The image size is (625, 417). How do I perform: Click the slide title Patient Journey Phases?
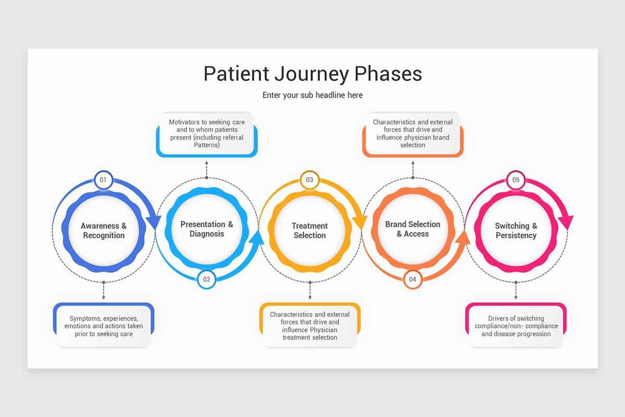312,73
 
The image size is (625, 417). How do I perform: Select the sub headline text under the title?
312,95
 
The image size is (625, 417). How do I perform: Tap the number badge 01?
103,180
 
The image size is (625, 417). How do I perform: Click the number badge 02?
207,279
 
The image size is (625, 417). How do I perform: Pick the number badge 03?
309,180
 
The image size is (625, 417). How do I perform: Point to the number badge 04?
413,279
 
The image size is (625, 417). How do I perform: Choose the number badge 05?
516,180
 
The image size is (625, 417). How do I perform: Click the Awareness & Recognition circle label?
104,231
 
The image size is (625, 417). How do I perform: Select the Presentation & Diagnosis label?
207,229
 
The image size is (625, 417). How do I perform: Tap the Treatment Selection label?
309,231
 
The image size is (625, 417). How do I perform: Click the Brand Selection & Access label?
413,229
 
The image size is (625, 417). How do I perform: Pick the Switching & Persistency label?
516,231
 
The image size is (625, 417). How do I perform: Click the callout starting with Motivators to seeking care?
207,133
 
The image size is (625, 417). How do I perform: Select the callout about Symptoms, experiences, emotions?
104,326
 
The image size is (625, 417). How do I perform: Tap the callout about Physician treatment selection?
310,326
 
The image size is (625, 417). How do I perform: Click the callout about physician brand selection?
413,133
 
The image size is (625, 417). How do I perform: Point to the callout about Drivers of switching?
516,326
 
